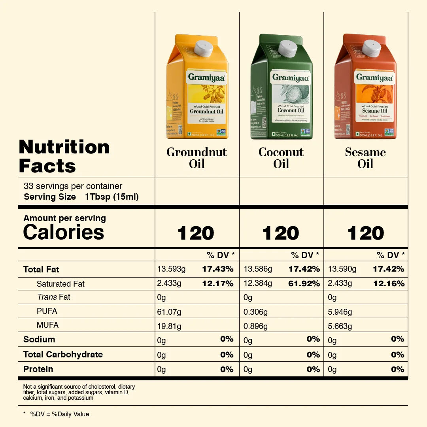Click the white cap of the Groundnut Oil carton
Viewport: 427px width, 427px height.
pyautogui.click(x=204, y=48)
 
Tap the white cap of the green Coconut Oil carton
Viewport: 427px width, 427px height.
pyautogui.click(x=288, y=48)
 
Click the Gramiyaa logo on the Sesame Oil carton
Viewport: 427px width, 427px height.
pyautogui.click(x=374, y=77)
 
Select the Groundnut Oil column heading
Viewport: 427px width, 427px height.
pyautogui.click(x=197, y=158)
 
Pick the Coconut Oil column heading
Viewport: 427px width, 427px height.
pyautogui.click(x=281, y=158)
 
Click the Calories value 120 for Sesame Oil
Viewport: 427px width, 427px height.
pyautogui.click(x=366, y=233)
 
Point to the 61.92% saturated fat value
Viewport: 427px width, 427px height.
pyautogui.click(x=304, y=283)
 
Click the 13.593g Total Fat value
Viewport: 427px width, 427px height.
pyautogui.click(x=171, y=269)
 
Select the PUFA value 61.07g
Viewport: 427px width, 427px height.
pyautogui.click(x=169, y=312)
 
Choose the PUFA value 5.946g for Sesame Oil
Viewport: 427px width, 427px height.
pyautogui.click(x=340, y=312)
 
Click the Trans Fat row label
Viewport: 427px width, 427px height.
pyautogui.click(x=53, y=297)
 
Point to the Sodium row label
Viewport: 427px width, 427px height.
pyautogui.click(x=39, y=340)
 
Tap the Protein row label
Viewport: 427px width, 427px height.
pyautogui.click(x=38, y=369)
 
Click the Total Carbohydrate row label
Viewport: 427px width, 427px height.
pyautogui.click(x=63, y=355)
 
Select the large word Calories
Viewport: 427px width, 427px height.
pyautogui.click(x=64, y=232)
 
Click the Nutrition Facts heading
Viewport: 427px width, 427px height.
pyautogui.click(x=64, y=157)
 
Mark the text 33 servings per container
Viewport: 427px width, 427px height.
pyautogui.click(x=73, y=186)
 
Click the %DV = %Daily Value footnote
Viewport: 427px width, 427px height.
pyautogui.click(x=59, y=414)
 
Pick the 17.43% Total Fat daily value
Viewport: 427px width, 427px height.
pyautogui.click(x=217, y=269)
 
